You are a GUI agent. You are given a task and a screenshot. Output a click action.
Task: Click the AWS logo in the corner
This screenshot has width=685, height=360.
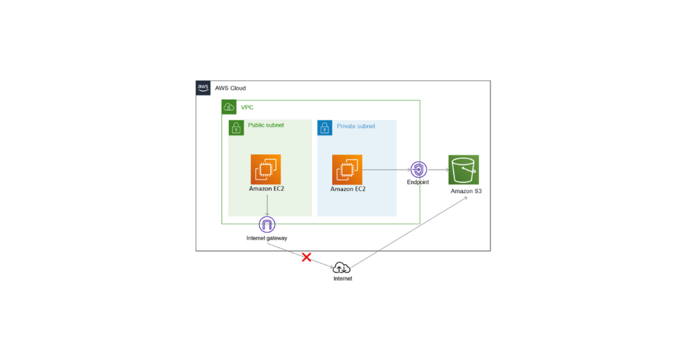coord(203,88)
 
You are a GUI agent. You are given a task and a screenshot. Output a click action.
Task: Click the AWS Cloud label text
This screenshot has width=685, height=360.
coord(230,88)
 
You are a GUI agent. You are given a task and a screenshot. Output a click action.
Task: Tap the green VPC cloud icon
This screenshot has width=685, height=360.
coord(229,107)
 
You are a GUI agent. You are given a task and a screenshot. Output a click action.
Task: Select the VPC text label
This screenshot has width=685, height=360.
coord(247,108)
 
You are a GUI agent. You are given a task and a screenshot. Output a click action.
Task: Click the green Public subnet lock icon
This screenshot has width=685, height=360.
coord(236,128)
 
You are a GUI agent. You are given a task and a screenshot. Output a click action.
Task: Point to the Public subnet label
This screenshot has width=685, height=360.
coord(266,125)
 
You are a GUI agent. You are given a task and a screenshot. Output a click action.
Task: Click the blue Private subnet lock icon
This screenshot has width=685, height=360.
coord(325,128)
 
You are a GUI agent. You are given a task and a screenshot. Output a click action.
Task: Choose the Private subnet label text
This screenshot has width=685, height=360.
coord(356,127)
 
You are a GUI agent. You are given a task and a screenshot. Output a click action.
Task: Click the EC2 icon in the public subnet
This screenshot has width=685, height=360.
coord(266,170)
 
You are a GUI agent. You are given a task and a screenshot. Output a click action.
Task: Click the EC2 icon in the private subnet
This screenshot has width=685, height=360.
coord(347,170)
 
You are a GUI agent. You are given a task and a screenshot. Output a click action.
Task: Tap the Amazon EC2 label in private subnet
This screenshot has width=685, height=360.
coord(348,189)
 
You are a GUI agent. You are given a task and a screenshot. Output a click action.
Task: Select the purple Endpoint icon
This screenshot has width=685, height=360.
coord(418,170)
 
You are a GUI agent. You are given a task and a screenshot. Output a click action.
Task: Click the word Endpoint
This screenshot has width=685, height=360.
coord(418,182)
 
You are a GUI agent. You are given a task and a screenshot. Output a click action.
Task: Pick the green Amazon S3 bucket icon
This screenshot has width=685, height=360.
coord(464,170)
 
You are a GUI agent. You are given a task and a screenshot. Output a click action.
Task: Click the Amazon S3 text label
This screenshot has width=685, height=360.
coord(466,191)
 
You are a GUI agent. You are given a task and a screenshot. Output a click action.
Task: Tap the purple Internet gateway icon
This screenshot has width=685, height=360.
coord(267,225)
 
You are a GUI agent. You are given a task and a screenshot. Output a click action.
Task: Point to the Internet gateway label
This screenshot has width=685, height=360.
coord(267,238)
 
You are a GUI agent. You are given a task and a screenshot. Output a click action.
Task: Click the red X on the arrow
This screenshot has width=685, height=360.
coord(306,257)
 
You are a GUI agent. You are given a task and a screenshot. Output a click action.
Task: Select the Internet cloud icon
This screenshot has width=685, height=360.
coord(342,268)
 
